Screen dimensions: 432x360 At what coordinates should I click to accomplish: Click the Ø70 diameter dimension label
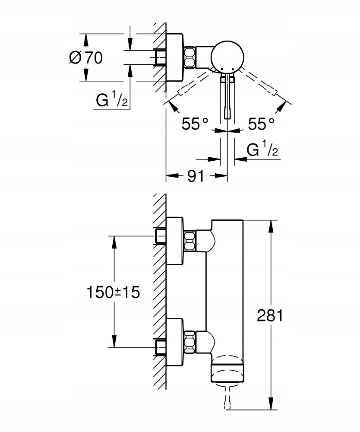(x=86, y=57)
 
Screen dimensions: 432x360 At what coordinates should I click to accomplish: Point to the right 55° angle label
(x=261, y=124)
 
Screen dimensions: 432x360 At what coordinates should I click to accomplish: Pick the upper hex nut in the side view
(x=189, y=241)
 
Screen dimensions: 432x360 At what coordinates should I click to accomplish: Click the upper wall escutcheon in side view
(x=174, y=241)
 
